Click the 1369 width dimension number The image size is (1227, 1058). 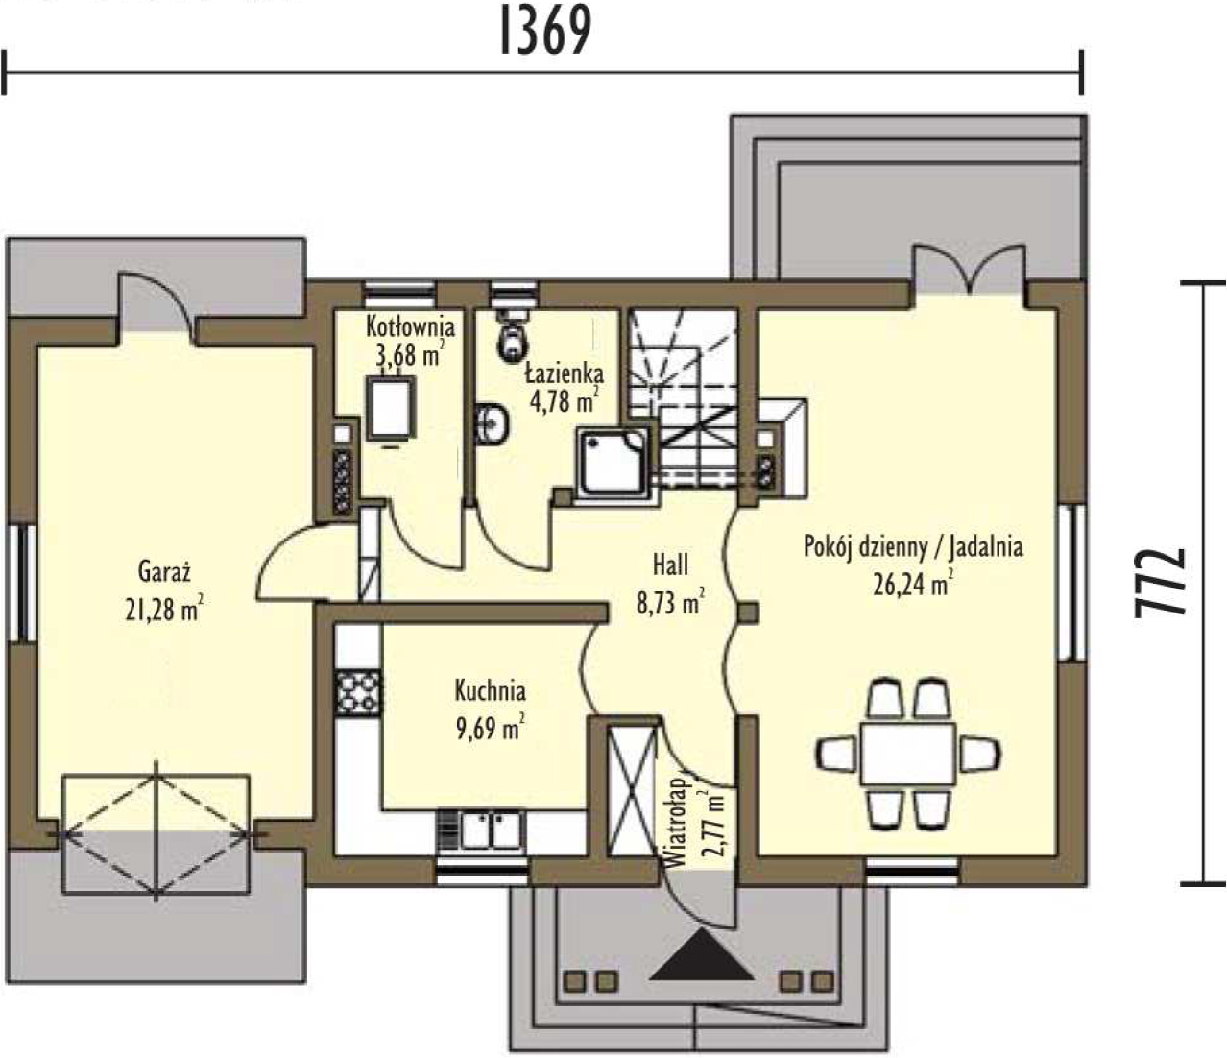[545, 31]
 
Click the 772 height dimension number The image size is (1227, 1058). [1160, 583]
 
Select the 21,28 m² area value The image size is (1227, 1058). [164, 608]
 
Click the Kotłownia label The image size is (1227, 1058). [410, 326]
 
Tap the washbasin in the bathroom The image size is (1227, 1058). [493, 424]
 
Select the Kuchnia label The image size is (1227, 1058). [490, 691]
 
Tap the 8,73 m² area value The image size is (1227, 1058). [671, 602]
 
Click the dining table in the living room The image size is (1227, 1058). [908, 754]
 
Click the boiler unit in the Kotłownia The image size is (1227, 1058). [389, 409]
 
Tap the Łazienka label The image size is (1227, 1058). [565, 373]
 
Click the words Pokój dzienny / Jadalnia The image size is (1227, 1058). [914, 547]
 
